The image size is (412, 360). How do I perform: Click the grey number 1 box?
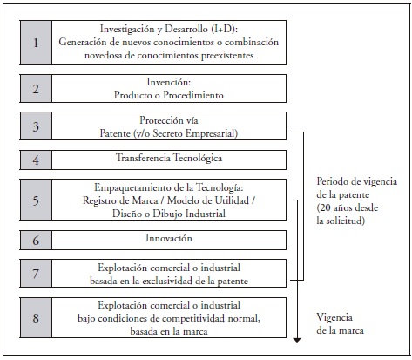click(x=36, y=43)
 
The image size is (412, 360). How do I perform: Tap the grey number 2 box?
click(x=36, y=89)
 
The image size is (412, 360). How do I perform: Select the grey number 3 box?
click(x=36, y=126)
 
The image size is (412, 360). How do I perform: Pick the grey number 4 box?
click(x=36, y=160)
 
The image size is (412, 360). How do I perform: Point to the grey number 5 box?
click(x=36, y=200)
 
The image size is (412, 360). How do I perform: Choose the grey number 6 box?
click(x=36, y=240)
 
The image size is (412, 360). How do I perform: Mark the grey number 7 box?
click(x=36, y=274)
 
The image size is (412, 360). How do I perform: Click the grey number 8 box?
click(x=36, y=317)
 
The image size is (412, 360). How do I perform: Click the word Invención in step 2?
click(x=169, y=82)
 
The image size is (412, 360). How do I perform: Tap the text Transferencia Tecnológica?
click(x=169, y=158)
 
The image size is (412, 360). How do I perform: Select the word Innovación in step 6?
click(x=169, y=238)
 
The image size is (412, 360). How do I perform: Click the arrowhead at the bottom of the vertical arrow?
click(x=297, y=340)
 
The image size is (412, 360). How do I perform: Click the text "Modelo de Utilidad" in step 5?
click(x=208, y=200)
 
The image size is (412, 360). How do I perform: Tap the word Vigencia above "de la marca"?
click(x=334, y=317)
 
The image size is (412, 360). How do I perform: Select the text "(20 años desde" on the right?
click(x=348, y=207)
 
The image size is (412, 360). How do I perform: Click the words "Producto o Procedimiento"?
click(x=169, y=95)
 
